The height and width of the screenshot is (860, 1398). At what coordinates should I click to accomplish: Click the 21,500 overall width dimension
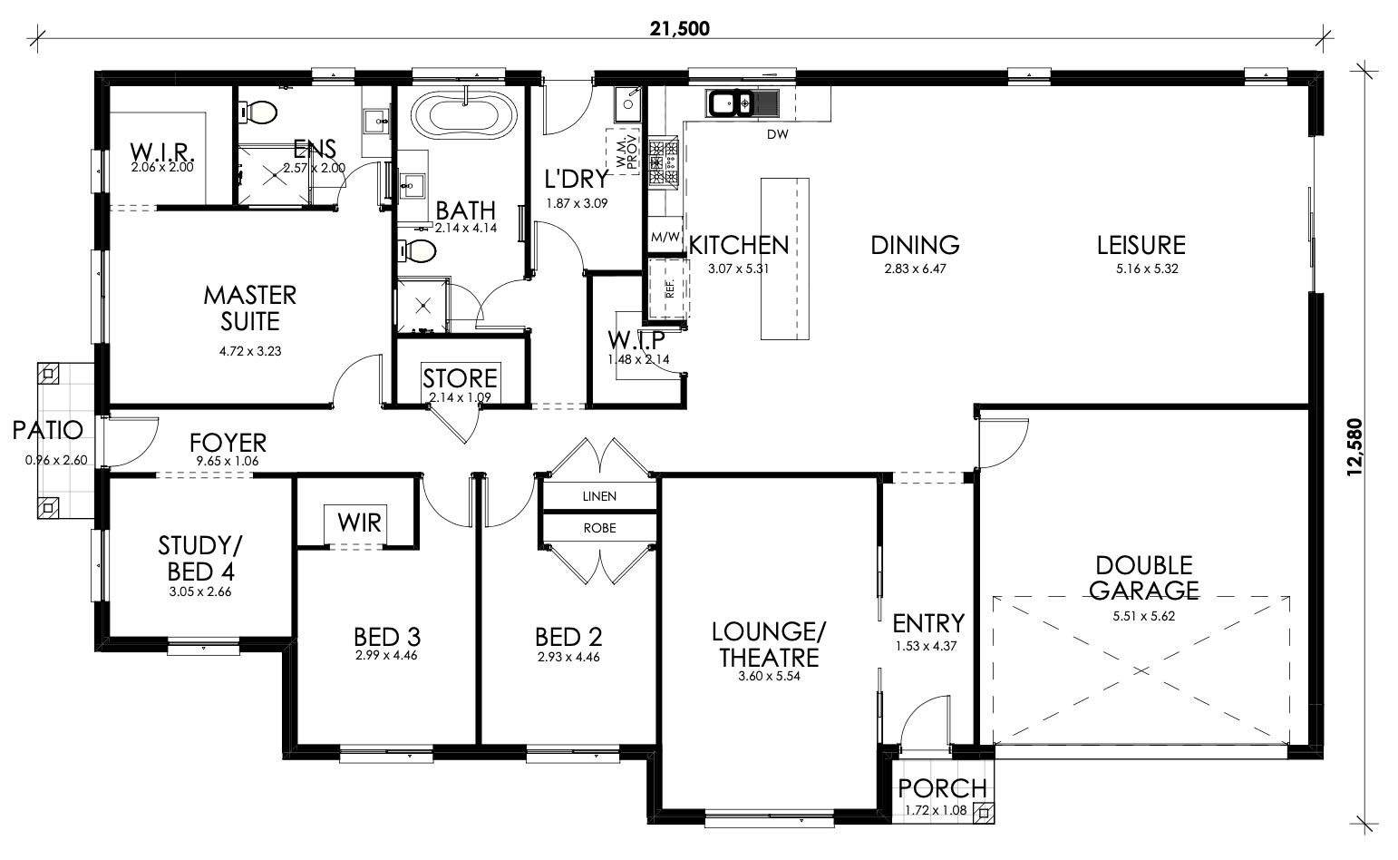(x=680, y=29)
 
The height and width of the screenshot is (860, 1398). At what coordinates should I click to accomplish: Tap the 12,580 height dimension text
(x=1355, y=447)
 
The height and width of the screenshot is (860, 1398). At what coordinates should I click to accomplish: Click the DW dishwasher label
(x=778, y=133)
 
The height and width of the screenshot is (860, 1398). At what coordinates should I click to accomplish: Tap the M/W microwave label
(x=665, y=238)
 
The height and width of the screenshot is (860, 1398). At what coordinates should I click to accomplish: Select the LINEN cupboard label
(x=599, y=496)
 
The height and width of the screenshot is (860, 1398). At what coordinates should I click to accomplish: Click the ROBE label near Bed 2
(x=600, y=528)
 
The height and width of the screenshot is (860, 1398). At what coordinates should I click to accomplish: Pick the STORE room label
(x=460, y=378)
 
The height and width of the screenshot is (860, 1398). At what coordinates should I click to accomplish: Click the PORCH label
(x=942, y=788)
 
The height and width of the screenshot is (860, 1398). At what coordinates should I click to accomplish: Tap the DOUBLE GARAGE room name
(x=1144, y=578)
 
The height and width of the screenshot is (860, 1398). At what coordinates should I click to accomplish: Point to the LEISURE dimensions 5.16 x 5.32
(x=1147, y=269)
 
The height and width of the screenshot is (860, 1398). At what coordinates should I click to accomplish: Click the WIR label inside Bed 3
(x=359, y=523)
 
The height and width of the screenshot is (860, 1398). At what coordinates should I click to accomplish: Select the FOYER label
(x=228, y=443)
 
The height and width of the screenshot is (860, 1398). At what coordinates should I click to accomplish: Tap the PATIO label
(x=47, y=430)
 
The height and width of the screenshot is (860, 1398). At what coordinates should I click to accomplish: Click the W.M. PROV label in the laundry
(x=626, y=151)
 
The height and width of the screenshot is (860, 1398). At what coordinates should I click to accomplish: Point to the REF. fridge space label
(x=670, y=289)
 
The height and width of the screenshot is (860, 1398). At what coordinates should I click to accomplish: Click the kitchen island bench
(x=784, y=259)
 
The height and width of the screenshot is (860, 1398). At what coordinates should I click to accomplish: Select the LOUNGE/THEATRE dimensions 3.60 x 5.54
(x=769, y=677)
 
